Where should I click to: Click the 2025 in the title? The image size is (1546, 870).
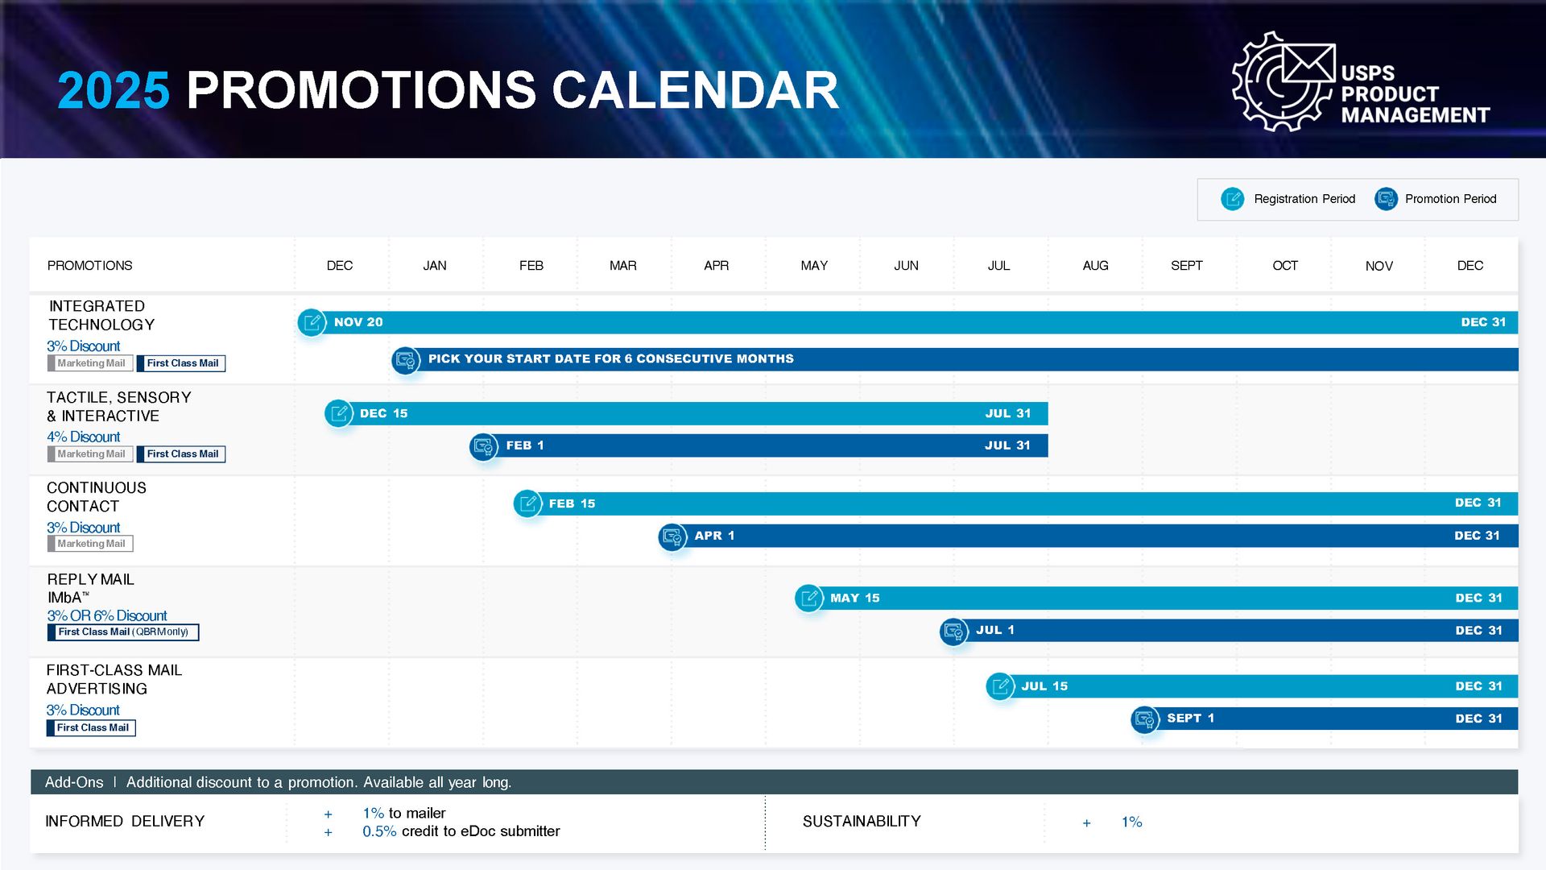click(x=114, y=90)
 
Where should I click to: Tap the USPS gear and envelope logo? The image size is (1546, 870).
click(x=1284, y=81)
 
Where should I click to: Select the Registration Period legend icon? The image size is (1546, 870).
click(x=1232, y=199)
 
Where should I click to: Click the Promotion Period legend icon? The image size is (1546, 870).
click(x=1386, y=199)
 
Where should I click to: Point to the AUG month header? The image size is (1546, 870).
click(x=1095, y=266)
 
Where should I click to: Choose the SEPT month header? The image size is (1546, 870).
click(x=1186, y=266)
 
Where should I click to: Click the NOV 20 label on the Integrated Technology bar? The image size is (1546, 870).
click(x=358, y=322)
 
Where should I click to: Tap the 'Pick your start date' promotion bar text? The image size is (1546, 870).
click(x=610, y=359)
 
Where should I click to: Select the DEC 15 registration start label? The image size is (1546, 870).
click(x=383, y=413)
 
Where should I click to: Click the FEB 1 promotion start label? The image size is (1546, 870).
click(x=525, y=445)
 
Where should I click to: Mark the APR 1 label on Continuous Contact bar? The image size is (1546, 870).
click(x=714, y=536)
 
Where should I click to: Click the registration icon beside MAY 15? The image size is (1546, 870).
click(x=808, y=598)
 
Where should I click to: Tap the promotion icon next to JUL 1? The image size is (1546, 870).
click(x=953, y=631)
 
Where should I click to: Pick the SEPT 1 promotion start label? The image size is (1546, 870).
click(x=1190, y=719)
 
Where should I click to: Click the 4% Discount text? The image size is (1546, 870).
click(x=83, y=437)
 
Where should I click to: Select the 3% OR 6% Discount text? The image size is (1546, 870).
click(x=106, y=616)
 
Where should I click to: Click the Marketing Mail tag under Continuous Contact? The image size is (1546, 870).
click(x=90, y=544)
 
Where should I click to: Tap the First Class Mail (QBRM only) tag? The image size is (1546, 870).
click(x=123, y=632)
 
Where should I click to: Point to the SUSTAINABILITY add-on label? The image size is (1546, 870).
click(x=862, y=822)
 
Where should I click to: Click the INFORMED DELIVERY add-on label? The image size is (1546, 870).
click(x=125, y=822)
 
